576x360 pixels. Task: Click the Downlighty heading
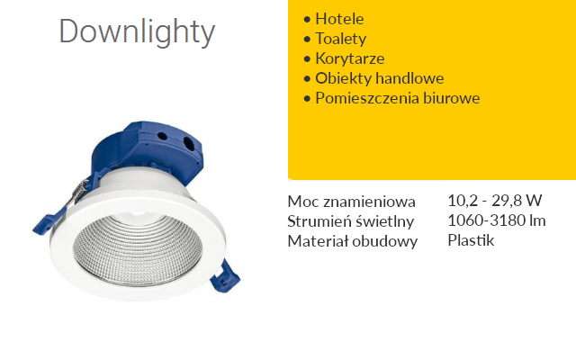tap(137, 32)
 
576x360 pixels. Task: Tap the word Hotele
tap(339, 19)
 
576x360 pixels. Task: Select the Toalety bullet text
tap(340, 39)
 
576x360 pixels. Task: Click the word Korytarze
tap(350, 58)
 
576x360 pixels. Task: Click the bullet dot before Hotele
tap(307, 19)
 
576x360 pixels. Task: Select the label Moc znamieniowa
tap(351, 202)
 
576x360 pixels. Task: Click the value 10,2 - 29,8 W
tap(495, 200)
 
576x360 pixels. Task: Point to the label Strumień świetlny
tap(350, 221)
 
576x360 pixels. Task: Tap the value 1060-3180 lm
tap(497, 220)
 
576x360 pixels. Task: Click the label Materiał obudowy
tap(352, 242)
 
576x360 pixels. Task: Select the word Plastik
tap(471, 240)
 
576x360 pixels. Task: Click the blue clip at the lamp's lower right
tap(224, 276)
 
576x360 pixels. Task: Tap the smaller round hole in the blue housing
tap(162, 136)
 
